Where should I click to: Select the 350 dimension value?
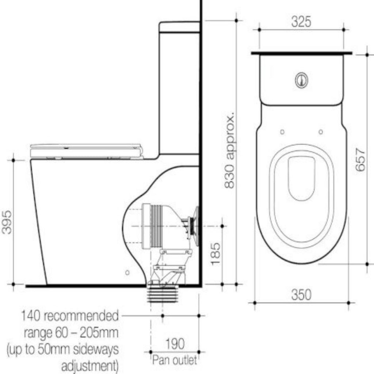(x=301, y=294)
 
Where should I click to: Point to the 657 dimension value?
(x=360, y=159)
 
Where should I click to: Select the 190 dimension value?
(x=175, y=344)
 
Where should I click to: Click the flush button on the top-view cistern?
(x=301, y=80)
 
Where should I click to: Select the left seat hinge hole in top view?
(x=282, y=131)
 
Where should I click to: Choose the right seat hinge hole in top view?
(x=321, y=131)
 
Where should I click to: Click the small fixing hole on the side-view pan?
(x=127, y=272)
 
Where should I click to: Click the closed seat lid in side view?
(x=86, y=150)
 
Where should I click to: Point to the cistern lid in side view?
(x=179, y=27)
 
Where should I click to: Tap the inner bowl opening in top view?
(x=301, y=179)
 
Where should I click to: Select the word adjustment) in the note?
(x=90, y=366)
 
